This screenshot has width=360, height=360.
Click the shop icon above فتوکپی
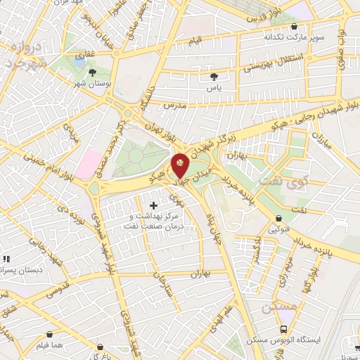point(280,218)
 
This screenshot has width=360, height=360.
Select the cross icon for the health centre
point(153,205)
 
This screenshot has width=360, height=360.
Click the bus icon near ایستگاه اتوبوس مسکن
point(283,328)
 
